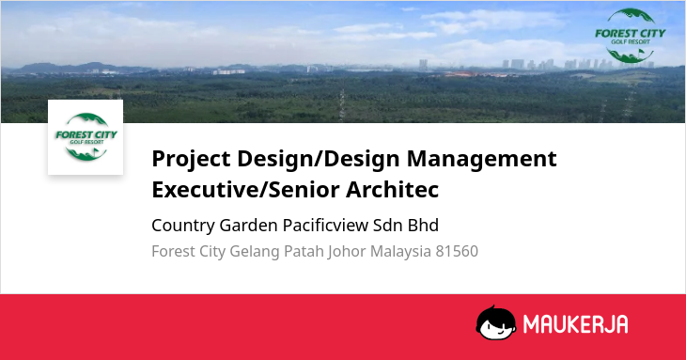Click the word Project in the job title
click(191, 159)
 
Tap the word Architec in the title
click(393, 190)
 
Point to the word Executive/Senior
click(246, 190)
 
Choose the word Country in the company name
click(183, 226)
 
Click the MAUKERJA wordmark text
click(575, 324)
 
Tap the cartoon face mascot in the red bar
click(495, 322)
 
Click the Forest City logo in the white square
click(86, 137)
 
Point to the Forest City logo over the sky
click(630, 36)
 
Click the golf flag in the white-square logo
click(95, 151)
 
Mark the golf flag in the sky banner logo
click(641, 52)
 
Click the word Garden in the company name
click(248, 226)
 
